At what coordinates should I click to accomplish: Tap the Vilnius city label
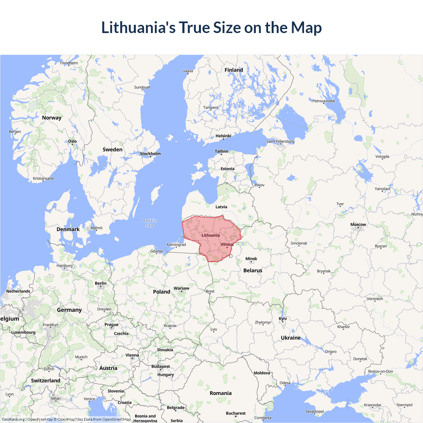click(227, 245)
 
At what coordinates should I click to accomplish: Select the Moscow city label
click(358, 225)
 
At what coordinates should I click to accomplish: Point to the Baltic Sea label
click(150, 223)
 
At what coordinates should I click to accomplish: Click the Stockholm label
click(150, 154)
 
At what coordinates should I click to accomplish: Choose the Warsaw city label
click(181, 288)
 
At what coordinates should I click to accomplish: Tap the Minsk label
click(251, 259)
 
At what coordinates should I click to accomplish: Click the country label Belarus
click(253, 270)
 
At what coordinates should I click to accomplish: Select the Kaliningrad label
click(176, 245)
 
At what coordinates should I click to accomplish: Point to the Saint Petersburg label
click(280, 141)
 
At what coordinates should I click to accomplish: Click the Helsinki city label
click(223, 136)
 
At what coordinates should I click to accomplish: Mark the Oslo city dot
click(73, 145)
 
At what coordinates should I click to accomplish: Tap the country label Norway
click(52, 118)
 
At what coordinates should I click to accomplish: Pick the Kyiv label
click(283, 319)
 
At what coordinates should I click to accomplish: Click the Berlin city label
click(100, 283)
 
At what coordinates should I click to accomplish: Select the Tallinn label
click(221, 151)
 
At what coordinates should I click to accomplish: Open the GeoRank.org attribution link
click(13, 419)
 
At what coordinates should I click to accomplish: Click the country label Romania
click(220, 393)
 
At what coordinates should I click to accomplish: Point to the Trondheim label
click(69, 63)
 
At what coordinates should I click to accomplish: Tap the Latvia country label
click(221, 207)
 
